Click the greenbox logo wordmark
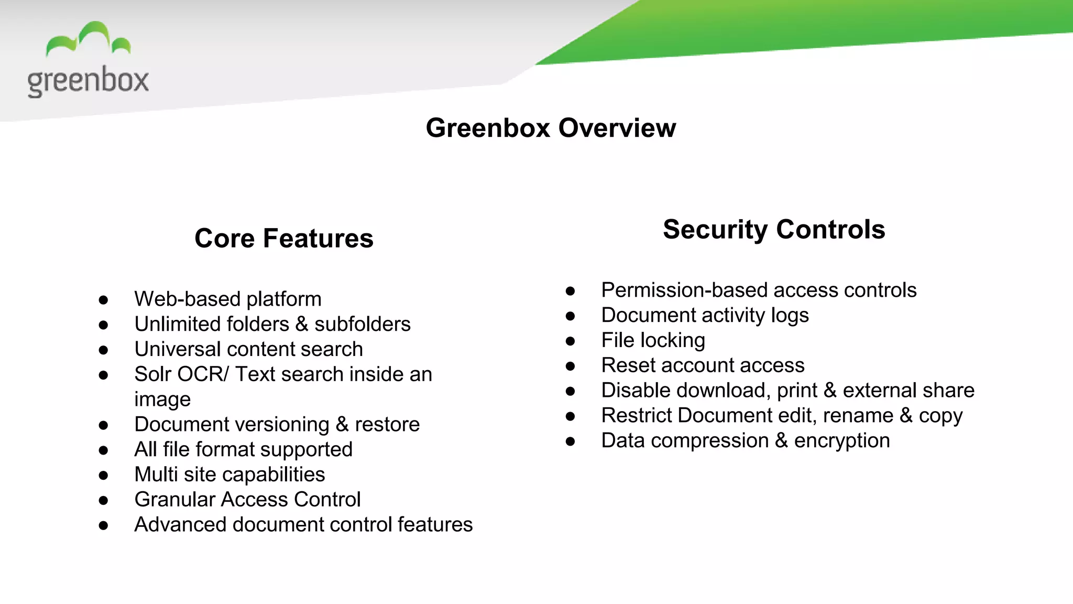click(x=88, y=81)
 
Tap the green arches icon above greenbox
click(x=88, y=39)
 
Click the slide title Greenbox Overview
click(x=551, y=128)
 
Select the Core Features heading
click(x=284, y=239)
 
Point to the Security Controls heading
click(x=774, y=230)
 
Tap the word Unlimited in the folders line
click(x=169, y=325)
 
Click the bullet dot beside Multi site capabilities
click(x=103, y=476)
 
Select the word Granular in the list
click(x=174, y=500)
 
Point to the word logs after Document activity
click(x=790, y=316)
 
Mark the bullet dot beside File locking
click(x=571, y=341)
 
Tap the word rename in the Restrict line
click(x=858, y=416)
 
